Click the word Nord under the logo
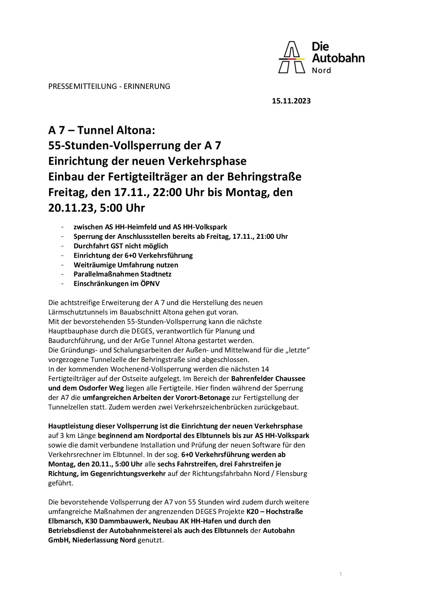[321, 71]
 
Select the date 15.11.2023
[291, 101]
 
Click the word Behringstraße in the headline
[266, 177]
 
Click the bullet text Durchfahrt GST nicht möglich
[121, 246]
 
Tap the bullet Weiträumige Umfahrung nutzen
[126, 265]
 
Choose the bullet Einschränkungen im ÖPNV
[116, 284]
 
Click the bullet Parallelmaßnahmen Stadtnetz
[123, 274]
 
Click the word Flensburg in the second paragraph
[292, 473]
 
